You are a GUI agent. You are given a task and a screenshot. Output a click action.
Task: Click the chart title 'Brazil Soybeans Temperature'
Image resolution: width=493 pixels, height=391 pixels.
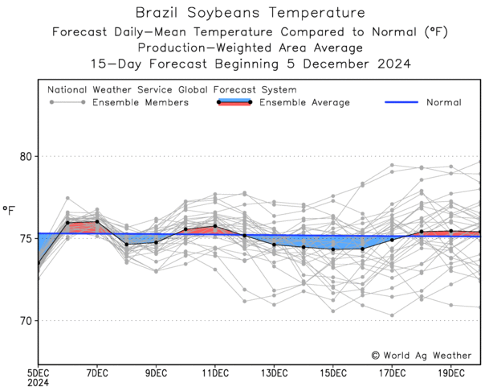point(249,13)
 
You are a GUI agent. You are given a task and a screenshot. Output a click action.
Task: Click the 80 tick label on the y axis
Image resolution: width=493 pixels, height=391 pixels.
point(25,156)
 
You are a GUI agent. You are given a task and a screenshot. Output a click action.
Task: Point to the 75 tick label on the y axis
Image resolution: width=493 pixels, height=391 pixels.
point(25,238)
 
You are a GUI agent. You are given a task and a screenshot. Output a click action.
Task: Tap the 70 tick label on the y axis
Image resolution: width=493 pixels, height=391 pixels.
point(25,320)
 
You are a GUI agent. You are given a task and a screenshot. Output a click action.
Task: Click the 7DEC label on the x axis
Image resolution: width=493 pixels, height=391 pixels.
point(97,373)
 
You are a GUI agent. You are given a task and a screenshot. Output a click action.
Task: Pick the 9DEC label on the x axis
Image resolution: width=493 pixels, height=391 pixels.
point(157,373)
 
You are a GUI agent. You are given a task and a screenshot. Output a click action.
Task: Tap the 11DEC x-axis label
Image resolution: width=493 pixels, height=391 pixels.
point(215,373)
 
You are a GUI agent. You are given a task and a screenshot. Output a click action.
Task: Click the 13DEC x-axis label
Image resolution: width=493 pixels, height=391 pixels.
point(274,373)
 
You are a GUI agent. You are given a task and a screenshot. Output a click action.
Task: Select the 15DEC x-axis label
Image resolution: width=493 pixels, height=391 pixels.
point(333,373)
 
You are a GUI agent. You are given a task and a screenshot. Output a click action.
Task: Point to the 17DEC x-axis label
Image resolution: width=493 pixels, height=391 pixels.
point(392,373)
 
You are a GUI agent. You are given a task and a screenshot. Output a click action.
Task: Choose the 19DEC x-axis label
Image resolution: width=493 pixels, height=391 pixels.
point(451,373)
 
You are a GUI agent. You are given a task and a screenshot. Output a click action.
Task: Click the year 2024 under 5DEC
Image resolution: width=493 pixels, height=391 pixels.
point(38,384)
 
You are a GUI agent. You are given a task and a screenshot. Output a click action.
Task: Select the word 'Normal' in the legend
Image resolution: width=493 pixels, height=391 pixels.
point(443,103)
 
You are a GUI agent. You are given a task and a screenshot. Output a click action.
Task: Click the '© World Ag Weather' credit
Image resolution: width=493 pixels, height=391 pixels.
point(421,355)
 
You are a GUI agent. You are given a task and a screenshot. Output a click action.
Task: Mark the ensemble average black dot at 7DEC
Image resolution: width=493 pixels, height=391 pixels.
point(97,221)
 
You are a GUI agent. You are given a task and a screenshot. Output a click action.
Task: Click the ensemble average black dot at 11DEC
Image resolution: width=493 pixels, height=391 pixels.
point(215,226)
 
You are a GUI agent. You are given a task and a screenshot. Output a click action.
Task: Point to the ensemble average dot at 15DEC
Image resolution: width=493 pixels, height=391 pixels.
point(333,249)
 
